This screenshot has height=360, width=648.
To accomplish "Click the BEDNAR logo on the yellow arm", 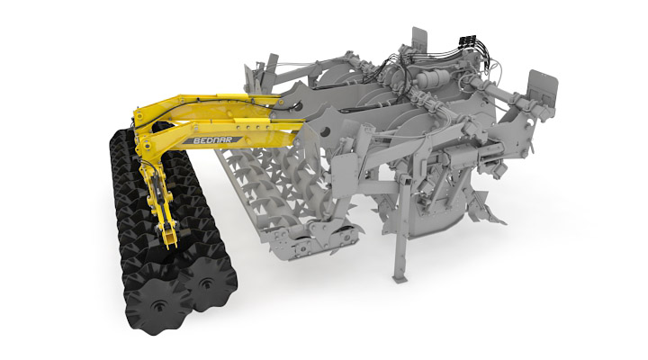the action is (x=212, y=140).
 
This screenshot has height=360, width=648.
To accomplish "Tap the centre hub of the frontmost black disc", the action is (x=158, y=306).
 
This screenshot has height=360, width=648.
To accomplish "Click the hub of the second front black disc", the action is (x=205, y=283).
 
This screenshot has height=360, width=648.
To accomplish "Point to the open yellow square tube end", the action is (x=170, y=238).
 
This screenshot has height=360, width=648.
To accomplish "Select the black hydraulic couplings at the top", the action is (x=467, y=40).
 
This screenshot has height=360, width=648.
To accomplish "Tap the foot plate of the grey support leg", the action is (x=400, y=279).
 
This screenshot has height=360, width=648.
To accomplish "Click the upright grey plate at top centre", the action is (x=419, y=40).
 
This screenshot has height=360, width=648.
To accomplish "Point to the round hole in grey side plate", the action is (x=325, y=131).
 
